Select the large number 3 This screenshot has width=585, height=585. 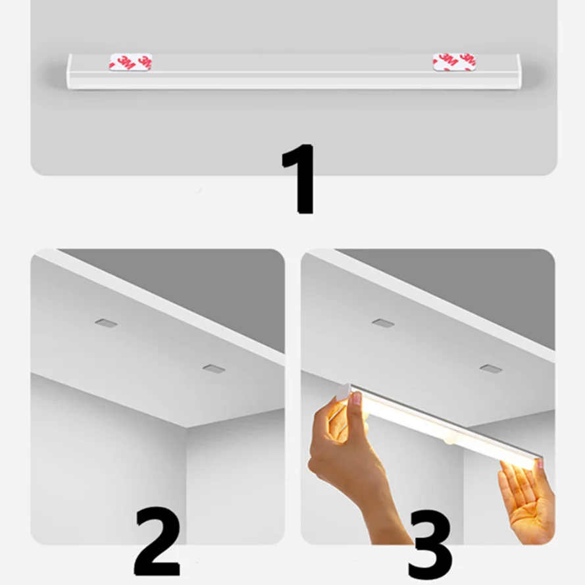(429, 543)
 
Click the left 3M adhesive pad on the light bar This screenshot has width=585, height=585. (131, 62)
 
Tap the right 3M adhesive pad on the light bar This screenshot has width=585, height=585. (454, 62)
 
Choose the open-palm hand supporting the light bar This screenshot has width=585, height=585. (526, 494)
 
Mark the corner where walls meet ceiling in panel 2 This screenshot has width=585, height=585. (186, 426)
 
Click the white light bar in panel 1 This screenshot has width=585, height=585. (293, 72)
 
